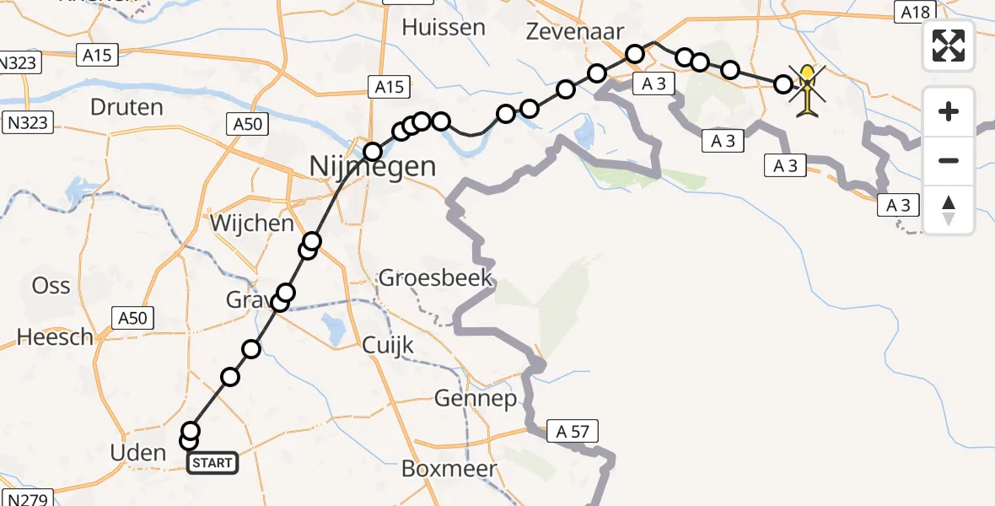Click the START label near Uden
[212, 462]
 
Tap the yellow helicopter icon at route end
[808, 91]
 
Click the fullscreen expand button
[949, 46]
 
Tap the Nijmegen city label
[373, 166]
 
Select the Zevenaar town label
[575, 32]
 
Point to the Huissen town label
[444, 27]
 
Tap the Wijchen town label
[252, 224]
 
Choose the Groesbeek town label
[435, 277]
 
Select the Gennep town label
[476, 399]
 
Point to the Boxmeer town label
[460, 469]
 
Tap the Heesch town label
[55, 338]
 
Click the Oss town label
[51, 285]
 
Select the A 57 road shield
[572, 432]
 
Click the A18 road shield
[913, 12]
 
